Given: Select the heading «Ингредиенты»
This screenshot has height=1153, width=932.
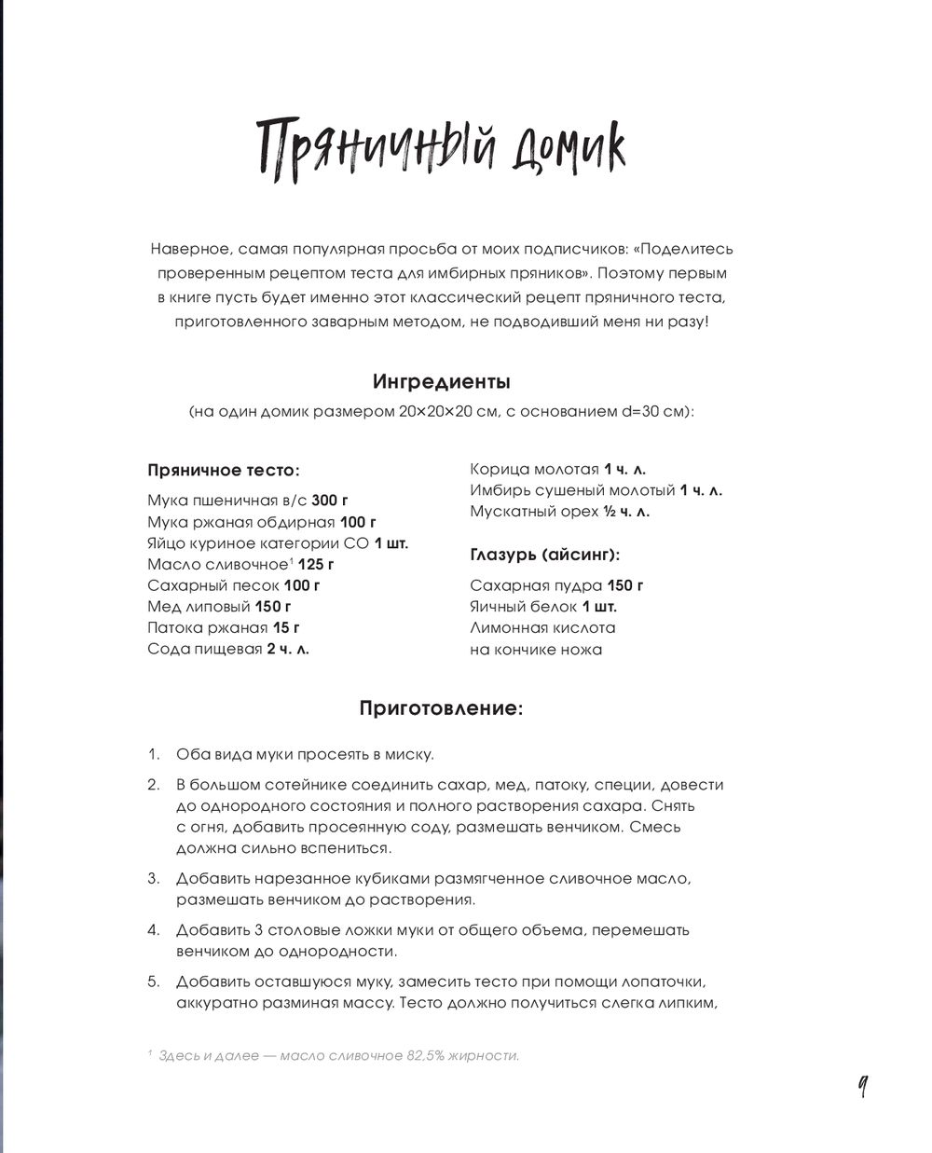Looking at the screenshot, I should (x=441, y=382).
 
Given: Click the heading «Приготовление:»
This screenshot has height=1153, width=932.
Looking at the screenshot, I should (x=441, y=708).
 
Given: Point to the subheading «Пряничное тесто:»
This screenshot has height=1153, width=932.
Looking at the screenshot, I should (x=223, y=471).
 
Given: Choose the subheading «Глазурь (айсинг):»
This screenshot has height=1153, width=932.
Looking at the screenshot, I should (x=545, y=555).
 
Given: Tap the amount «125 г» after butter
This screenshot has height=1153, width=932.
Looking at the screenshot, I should (x=317, y=564).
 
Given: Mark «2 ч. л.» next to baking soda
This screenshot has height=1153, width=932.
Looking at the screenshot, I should (x=288, y=649).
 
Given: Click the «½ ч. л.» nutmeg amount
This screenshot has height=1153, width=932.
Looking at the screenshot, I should (x=625, y=512).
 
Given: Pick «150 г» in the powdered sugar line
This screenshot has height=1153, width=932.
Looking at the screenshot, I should (x=625, y=585).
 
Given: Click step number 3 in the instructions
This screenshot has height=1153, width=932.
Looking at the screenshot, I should (x=154, y=878).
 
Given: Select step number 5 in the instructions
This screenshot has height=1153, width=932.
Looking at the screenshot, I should (x=154, y=981).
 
